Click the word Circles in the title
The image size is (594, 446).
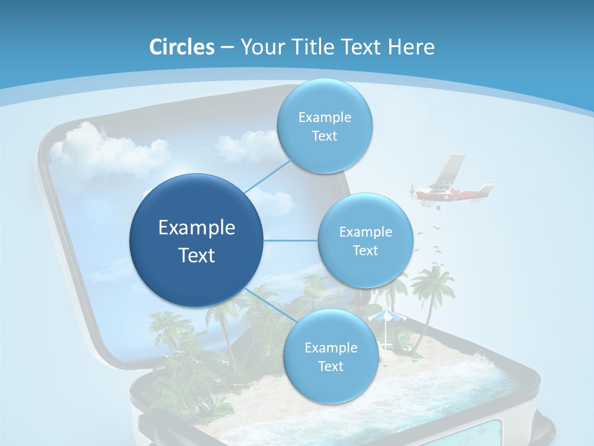tap(181, 47)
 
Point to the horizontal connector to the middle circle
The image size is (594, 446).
tap(291, 240)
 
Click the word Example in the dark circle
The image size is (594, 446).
tap(197, 228)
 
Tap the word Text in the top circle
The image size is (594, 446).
tap(324, 136)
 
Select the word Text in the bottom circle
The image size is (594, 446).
tap(330, 367)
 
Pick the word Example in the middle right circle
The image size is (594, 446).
tap(365, 232)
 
